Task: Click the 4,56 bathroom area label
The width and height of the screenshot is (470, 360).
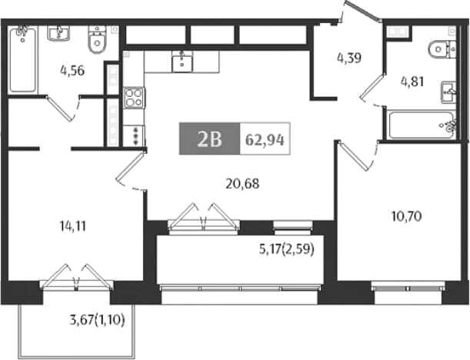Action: click(x=72, y=71)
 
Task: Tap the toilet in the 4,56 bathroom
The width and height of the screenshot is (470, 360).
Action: click(x=97, y=39)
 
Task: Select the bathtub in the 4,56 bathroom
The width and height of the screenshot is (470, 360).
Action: click(x=22, y=60)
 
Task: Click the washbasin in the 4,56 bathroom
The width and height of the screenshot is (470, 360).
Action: click(x=58, y=33)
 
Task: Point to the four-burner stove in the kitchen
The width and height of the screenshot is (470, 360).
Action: click(x=134, y=98)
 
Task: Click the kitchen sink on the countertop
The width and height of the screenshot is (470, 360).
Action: click(x=182, y=62)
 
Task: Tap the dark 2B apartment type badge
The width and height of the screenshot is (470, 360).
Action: click(x=209, y=138)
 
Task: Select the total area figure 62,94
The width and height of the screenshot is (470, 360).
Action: click(x=265, y=140)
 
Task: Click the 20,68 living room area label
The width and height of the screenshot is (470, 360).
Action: click(x=242, y=183)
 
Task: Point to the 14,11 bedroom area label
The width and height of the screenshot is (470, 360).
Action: click(x=73, y=226)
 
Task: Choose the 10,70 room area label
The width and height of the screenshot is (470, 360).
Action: click(x=407, y=216)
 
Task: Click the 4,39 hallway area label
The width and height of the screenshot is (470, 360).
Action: click(x=349, y=58)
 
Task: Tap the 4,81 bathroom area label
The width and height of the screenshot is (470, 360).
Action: click(x=412, y=82)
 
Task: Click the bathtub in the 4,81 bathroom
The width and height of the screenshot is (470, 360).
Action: click(x=421, y=125)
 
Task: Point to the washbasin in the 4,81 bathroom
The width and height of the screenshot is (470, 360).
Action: click(x=448, y=92)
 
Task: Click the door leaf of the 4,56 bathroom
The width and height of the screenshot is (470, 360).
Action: click(x=59, y=108)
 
